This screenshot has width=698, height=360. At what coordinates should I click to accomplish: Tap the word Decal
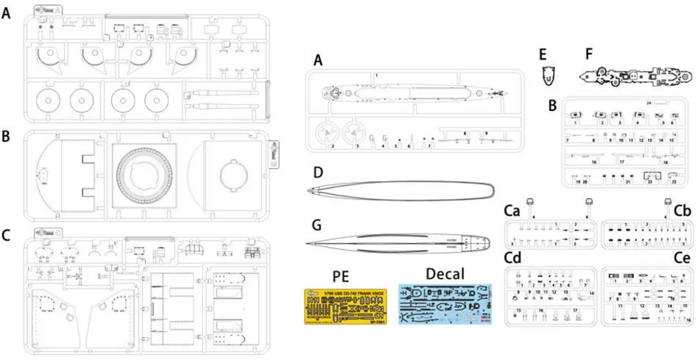click(x=445, y=274)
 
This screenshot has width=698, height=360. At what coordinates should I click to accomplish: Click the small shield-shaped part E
click(x=545, y=75)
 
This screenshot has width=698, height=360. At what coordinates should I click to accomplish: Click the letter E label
click(x=543, y=55)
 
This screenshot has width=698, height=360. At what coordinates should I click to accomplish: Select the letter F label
click(x=589, y=55)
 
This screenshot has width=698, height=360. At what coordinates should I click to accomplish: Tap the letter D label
click(x=318, y=173)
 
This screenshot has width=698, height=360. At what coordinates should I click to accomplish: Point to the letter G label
click(x=318, y=226)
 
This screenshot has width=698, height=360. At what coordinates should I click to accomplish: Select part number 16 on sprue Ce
click(x=688, y=319)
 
